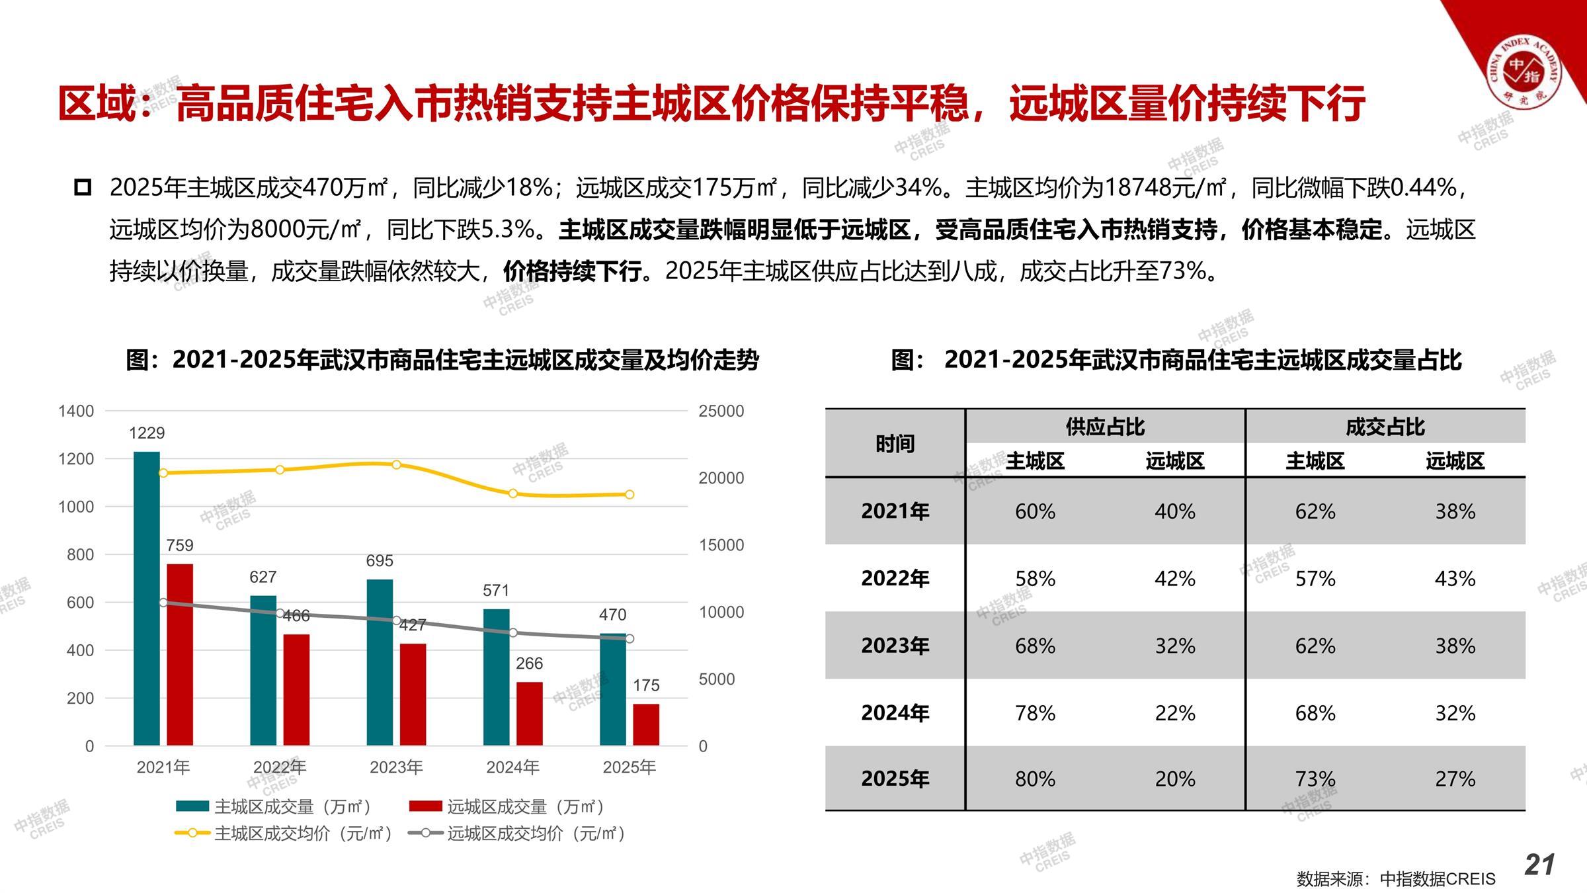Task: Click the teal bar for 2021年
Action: click(x=146, y=599)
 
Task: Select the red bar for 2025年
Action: click(x=646, y=724)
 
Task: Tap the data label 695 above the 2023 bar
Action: click(x=380, y=561)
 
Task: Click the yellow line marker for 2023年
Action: click(x=396, y=465)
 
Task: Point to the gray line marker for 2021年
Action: click(x=163, y=603)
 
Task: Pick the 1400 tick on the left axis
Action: click(x=76, y=411)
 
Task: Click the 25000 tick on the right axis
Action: click(x=721, y=411)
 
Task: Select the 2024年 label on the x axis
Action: click(x=512, y=767)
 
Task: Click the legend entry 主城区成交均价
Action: click(x=284, y=833)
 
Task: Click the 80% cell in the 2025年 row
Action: click(x=1035, y=779)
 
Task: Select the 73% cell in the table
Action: click(x=1315, y=779)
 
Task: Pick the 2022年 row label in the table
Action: click(x=895, y=579)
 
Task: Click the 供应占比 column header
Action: click(x=1104, y=427)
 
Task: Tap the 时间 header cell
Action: click(x=895, y=444)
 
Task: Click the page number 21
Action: click(x=1539, y=865)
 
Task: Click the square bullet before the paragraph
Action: click(x=83, y=187)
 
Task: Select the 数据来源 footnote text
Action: click(x=1395, y=879)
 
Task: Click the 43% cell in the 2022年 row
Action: click(x=1455, y=579)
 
